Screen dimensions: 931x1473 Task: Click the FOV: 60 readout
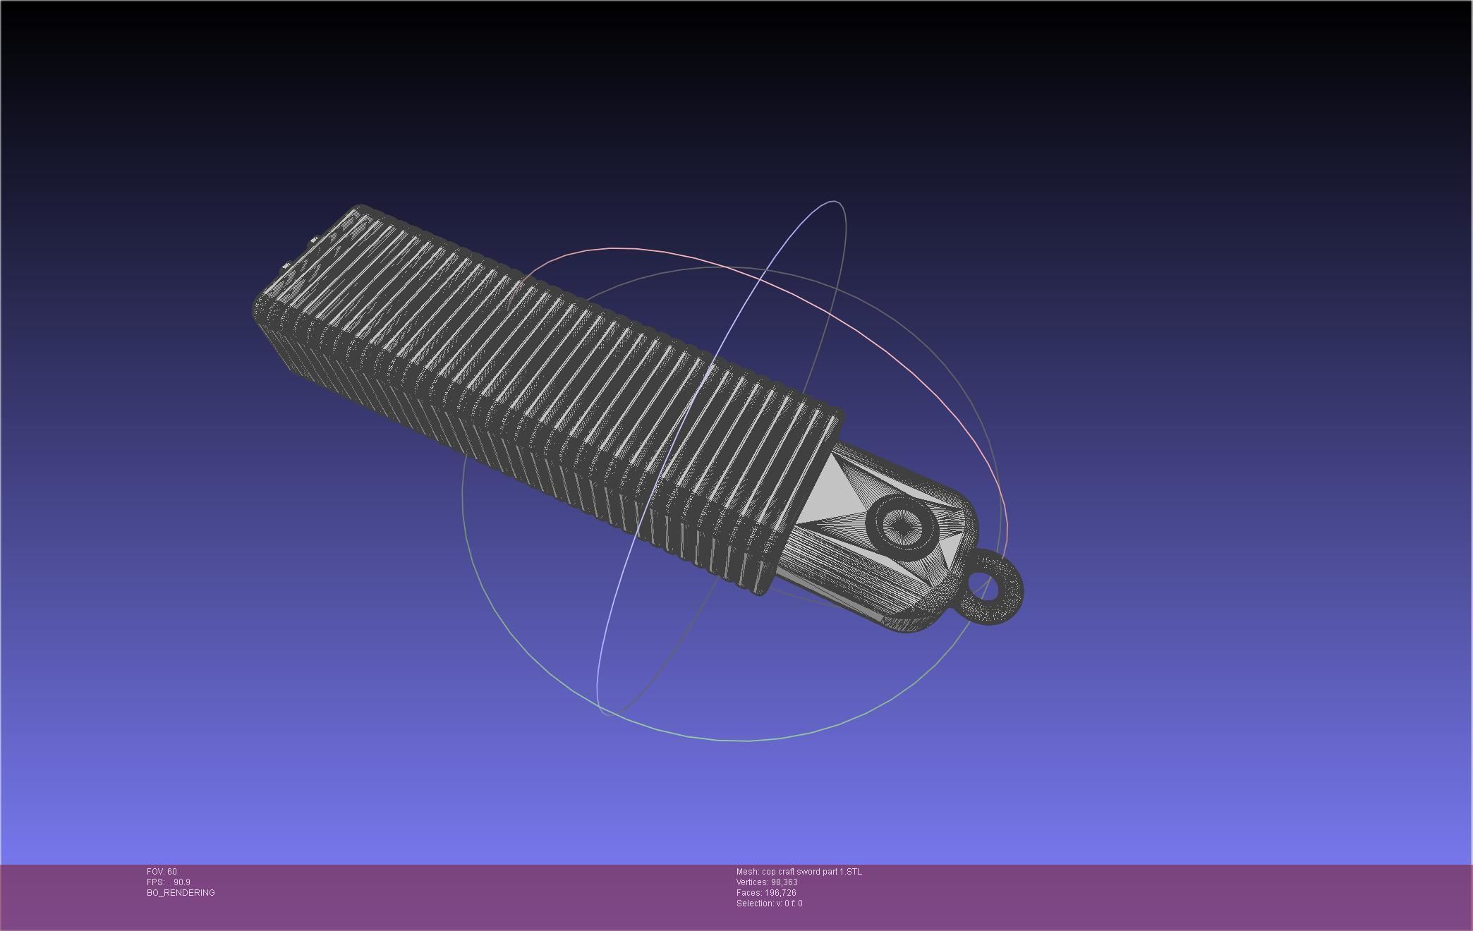(x=162, y=872)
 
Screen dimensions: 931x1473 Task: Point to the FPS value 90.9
(x=181, y=882)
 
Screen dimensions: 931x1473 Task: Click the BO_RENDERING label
(x=181, y=893)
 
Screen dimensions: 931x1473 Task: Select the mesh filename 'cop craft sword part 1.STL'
(x=811, y=872)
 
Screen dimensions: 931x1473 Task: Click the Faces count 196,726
(x=780, y=893)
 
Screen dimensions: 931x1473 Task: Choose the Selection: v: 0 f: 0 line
(x=769, y=903)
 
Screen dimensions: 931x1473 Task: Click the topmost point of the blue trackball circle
(x=834, y=202)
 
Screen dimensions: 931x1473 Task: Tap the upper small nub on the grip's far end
(x=313, y=240)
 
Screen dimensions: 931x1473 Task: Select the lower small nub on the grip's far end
(x=286, y=267)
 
